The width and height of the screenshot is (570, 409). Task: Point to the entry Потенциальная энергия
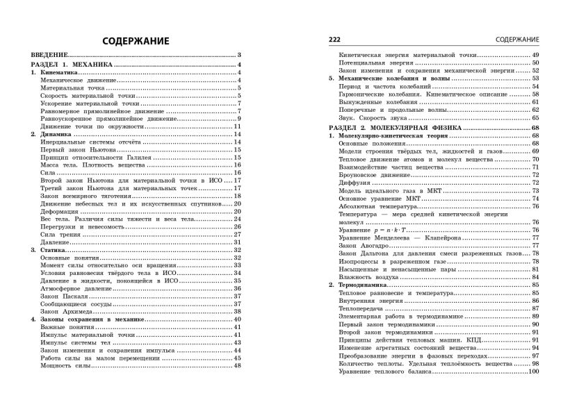point(370,62)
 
